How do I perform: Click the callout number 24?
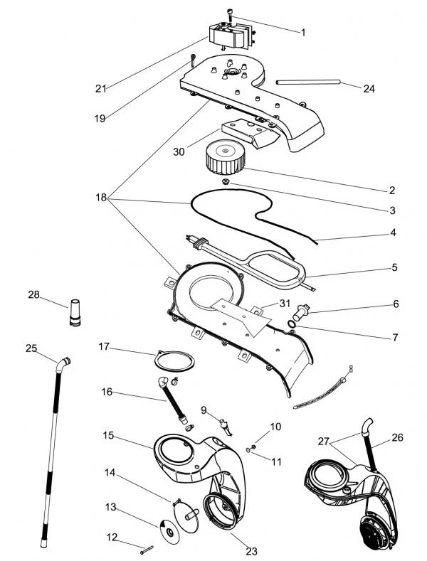pos(369,88)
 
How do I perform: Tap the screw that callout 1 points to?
pos(230,15)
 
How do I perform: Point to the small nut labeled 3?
pos(226,182)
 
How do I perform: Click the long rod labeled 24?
pos(307,82)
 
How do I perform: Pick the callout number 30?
pos(179,151)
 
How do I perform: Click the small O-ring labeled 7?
pos(292,324)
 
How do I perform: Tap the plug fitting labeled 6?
pos(300,312)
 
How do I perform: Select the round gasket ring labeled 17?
pos(174,361)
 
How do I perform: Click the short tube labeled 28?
pos(75,312)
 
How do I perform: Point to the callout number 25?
pos(31,348)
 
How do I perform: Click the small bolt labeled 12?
pos(147,550)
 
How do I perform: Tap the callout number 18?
pos(101,197)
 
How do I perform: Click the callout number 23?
pos(251,551)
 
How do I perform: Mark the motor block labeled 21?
pos(232,36)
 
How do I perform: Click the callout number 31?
pos(285,304)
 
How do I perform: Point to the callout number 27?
pos(324,442)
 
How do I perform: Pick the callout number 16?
pos(107,392)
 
